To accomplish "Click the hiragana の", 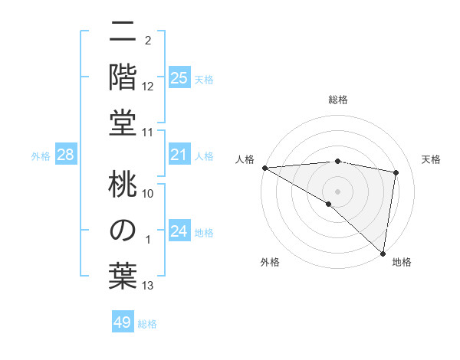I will [x=123, y=230].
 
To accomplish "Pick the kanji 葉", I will [x=123, y=273].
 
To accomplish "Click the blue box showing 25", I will [x=179, y=77].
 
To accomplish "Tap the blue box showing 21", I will [x=179, y=155].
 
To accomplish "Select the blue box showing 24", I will [x=179, y=231].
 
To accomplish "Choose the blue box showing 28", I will [x=66, y=155].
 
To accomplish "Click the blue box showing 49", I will [x=123, y=322].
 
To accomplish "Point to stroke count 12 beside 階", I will [x=148, y=86].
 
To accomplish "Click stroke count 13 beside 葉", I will [x=148, y=286].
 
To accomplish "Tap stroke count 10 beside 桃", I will [x=148, y=193].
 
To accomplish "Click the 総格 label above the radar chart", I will [x=338, y=100].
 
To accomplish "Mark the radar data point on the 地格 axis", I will [x=383, y=253].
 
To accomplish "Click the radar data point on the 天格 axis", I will [x=396, y=173].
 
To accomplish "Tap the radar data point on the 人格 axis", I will [x=264, y=168].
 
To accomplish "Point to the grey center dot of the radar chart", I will [x=338, y=191].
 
